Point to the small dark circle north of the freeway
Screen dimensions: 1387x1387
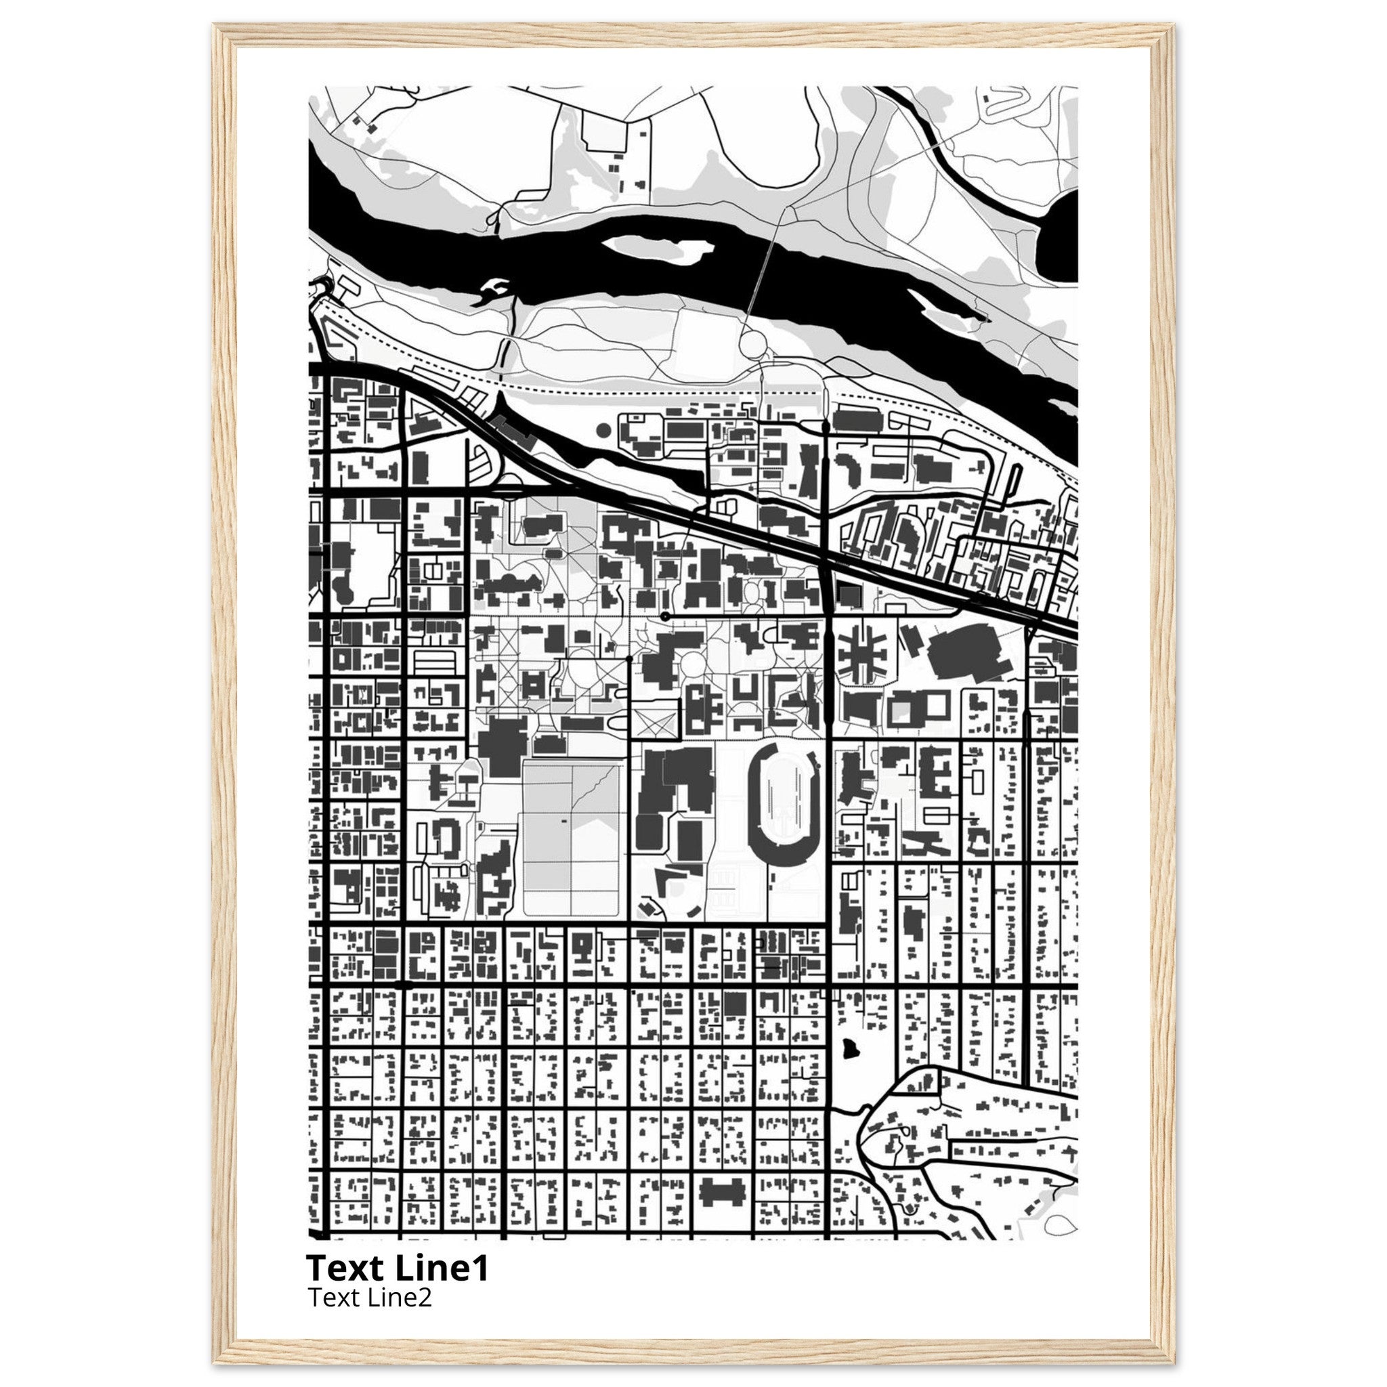pyautogui.click(x=603, y=430)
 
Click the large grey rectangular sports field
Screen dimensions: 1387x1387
pyautogui.click(x=572, y=838)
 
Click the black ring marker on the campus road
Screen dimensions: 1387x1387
pyautogui.click(x=665, y=616)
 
